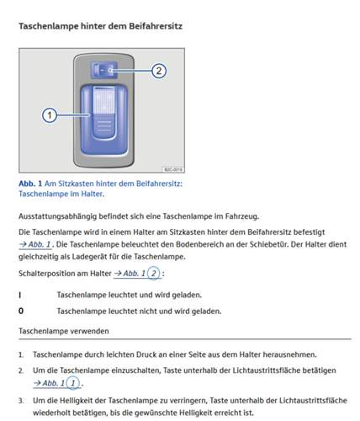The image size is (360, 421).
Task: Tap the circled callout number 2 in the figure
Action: tap(159, 71)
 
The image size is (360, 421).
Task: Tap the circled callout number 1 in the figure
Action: tap(50, 115)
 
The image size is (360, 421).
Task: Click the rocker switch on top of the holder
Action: tap(103, 70)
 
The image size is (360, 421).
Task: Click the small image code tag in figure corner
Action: tap(173, 169)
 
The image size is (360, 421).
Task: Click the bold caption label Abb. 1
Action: tap(30, 184)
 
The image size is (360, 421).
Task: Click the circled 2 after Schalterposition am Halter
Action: tap(154, 273)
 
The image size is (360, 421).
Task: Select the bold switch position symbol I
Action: tap(20, 295)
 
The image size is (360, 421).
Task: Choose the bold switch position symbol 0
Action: tap(21, 311)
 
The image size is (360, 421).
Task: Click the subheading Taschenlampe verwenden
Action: tap(64, 331)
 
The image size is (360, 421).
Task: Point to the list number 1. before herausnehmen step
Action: tap(21, 354)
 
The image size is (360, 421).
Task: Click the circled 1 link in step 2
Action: tap(73, 382)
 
